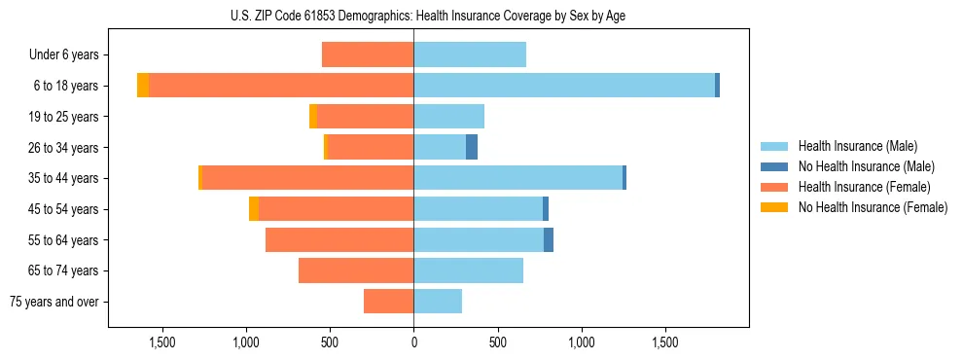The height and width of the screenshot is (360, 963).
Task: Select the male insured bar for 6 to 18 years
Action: click(564, 86)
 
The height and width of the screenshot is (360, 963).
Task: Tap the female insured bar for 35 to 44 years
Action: click(307, 178)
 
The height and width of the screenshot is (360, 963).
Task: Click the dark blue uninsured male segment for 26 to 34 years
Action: click(472, 147)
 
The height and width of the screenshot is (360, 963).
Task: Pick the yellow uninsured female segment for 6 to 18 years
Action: click(143, 86)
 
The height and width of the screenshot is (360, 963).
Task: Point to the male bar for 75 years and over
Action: click(438, 302)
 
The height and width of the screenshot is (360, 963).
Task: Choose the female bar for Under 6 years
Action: click(368, 54)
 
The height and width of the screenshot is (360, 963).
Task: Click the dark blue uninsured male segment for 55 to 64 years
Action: click(549, 239)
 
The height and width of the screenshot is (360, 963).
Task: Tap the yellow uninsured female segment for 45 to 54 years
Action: click(254, 209)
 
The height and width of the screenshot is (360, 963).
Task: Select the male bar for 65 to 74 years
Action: click(468, 270)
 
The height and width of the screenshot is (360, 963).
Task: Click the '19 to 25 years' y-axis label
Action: click(63, 117)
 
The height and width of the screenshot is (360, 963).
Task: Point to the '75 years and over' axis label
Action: click(54, 302)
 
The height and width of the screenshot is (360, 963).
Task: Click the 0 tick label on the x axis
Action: click(413, 342)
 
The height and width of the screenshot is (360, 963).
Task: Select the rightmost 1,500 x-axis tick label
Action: click(665, 342)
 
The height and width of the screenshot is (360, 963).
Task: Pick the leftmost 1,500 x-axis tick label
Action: click(161, 342)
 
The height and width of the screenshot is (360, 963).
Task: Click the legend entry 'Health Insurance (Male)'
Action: click(857, 146)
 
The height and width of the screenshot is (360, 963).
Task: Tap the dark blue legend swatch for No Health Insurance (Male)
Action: click(774, 166)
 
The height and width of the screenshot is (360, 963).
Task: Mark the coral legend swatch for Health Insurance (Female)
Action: click(774, 187)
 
